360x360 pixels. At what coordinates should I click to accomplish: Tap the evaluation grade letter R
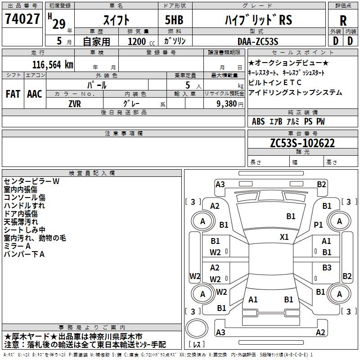point(343,21)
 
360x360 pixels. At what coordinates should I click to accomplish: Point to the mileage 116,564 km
point(52,64)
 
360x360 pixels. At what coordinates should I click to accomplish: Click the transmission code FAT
point(13,94)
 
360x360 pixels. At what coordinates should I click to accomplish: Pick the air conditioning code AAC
point(35,94)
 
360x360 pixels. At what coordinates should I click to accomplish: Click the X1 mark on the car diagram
point(284,237)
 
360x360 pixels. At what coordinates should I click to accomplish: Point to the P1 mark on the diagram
point(319,225)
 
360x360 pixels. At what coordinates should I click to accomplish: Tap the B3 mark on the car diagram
point(327,268)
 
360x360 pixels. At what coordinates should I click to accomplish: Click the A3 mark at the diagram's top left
point(220,184)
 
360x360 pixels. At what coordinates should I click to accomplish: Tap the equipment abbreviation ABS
point(258,121)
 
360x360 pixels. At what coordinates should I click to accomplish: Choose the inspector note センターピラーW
point(32,181)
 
